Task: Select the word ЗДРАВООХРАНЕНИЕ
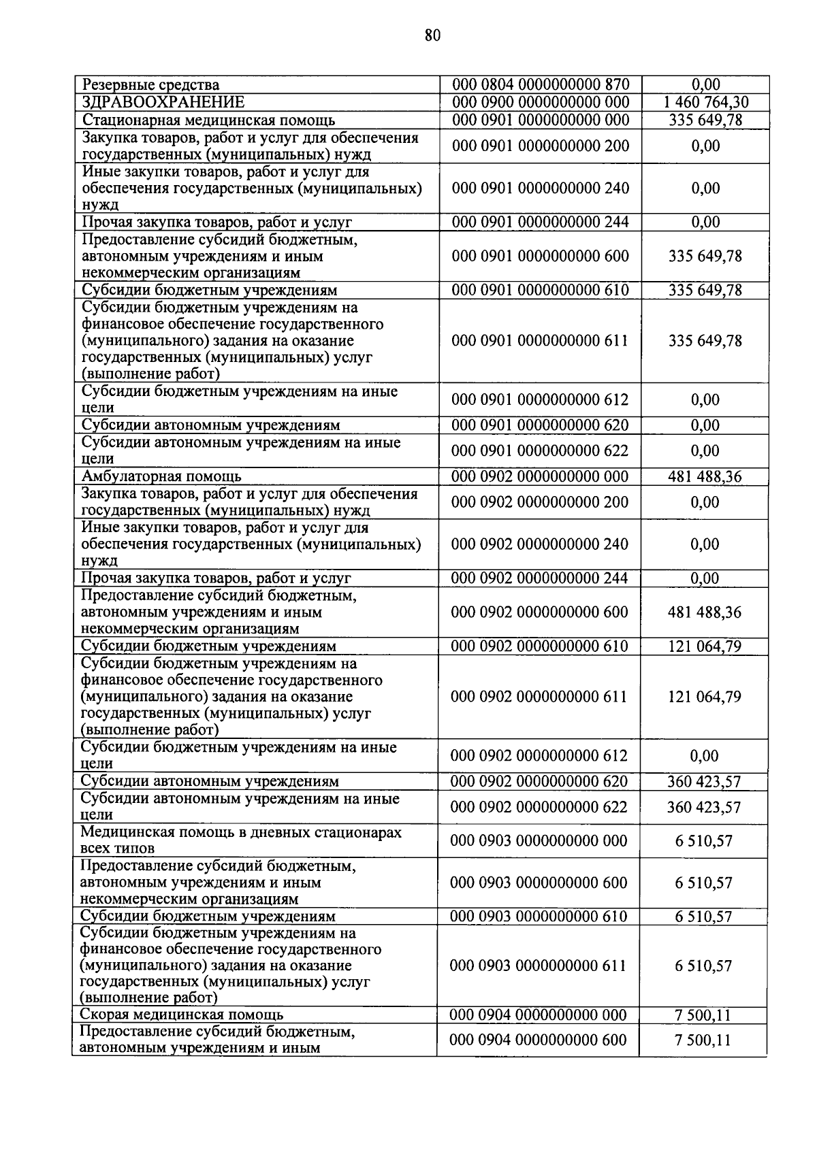click(163, 103)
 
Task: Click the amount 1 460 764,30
click(705, 103)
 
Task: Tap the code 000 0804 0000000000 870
click(541, 85)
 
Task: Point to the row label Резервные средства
click(150, 85)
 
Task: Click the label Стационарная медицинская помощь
click(208, 120)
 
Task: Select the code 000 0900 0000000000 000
click(541, 103)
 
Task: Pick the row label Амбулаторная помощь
click(161, 476)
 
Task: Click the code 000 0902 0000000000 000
click(540, 476)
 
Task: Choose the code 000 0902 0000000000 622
click(539, 807)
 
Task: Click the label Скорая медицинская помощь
click(182, 1015)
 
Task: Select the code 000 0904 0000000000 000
click(539, 1015)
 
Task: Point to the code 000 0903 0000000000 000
click(539, 841)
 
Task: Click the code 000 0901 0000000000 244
click(541, 222)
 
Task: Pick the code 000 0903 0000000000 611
click(539, 966)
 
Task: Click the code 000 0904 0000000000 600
click(539, 1040)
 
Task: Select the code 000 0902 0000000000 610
click(539, 646)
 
